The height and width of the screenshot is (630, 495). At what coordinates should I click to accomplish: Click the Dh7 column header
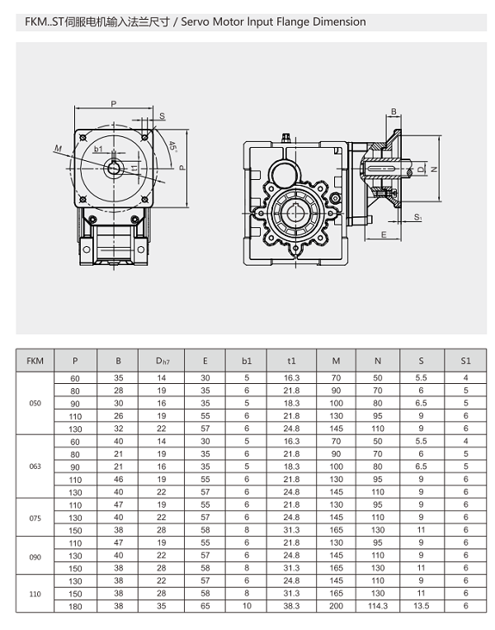click(x=162, y=361)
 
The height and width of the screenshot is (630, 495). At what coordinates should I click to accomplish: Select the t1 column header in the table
click(x=291, y=361)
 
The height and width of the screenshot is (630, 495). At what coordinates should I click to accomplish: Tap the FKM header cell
click(x=35, y=361)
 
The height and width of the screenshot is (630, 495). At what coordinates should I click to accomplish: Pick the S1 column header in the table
click(x=465, y=361)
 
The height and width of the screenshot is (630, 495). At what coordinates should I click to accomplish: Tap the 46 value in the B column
click(x=119, y=479)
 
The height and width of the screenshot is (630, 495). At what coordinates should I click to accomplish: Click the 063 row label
click(x=35, y=467)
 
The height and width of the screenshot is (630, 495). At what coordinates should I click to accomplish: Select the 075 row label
click(x=35, y=518)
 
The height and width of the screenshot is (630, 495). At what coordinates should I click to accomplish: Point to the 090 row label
click(x=35, y=556)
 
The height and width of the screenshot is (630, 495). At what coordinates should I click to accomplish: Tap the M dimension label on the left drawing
click(x=59, y=149)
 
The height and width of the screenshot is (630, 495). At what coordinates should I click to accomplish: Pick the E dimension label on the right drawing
click(x=384, y=234)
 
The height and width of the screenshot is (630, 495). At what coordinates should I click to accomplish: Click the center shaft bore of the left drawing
click(x=113, y=168)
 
